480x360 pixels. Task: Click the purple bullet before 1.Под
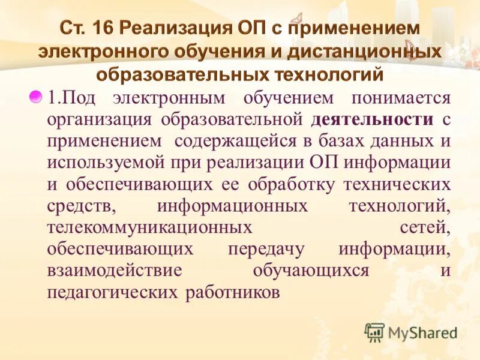point(37,97)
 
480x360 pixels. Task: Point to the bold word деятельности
point(372,119)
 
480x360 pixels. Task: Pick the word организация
point(100,119)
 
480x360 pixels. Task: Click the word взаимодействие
point(114,271)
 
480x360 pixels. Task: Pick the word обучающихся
point(310,271)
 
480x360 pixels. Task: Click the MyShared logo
point(412,332)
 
